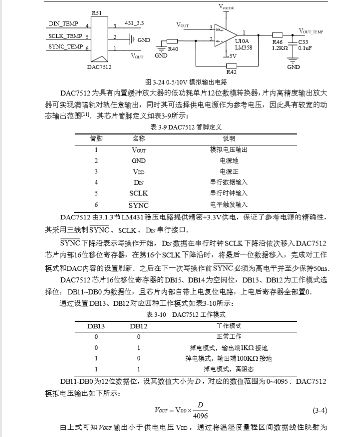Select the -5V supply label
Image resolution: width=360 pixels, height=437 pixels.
pos(231,56)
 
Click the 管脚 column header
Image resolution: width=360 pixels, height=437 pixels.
pos(96,138)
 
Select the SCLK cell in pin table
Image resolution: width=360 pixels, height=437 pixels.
pos(139,192)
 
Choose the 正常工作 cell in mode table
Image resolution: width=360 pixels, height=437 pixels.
pos(229,336)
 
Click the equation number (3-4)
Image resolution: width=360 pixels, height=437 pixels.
pos(319,410)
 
